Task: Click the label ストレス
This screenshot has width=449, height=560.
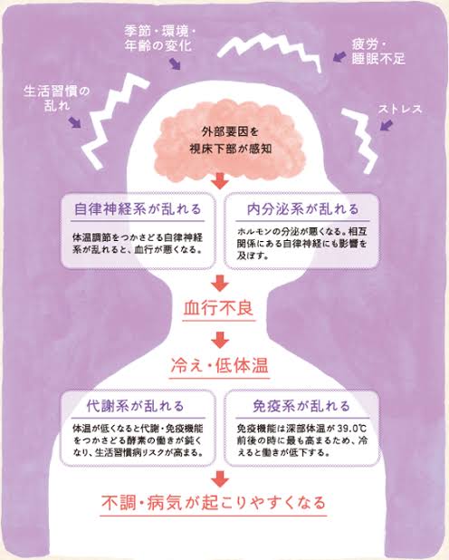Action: point(400,109)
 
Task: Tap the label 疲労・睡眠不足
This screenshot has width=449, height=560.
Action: point(378,52)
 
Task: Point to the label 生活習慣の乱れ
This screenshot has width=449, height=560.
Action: point(57,98)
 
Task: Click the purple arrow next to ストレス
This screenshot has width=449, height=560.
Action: point(387,125)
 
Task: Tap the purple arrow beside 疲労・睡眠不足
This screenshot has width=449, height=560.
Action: point(339,56)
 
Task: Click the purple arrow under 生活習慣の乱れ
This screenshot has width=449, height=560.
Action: point(75,121)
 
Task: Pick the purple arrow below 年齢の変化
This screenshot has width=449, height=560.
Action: point(175,64)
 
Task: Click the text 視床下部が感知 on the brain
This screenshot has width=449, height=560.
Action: point(230,149)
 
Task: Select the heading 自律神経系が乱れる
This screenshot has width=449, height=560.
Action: point(138,209)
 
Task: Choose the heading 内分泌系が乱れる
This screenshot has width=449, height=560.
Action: point(302,209)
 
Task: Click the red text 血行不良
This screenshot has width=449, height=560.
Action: point(219,309)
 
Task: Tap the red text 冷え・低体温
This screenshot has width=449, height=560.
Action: point(219,366)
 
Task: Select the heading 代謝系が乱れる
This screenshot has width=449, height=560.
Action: point(135,406)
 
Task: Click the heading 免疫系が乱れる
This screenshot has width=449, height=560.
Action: point(301,406)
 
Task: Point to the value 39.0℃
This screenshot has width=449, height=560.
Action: point(352,429)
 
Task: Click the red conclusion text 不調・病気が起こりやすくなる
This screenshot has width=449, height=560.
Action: point(214,503)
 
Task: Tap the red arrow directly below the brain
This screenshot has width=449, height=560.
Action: point(220,181)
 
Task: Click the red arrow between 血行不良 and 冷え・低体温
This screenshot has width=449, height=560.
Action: point(220,340)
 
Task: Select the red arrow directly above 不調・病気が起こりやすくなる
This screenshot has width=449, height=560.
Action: point(220,479)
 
